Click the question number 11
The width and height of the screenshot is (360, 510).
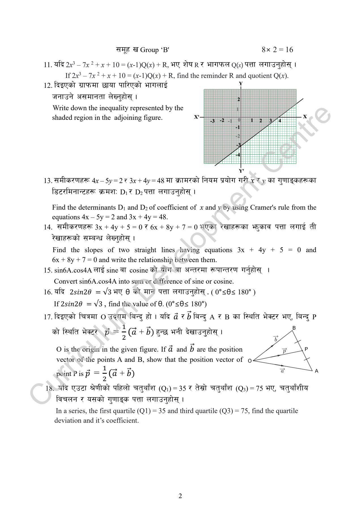pos(47,65)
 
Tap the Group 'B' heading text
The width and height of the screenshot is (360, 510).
pos(155,50)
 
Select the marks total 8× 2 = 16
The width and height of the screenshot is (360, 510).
pos(277,50)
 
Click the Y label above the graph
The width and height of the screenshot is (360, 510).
pos(241,84)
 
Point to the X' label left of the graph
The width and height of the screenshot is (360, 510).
pos(197,117)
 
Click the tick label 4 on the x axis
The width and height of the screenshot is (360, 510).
pos(280,121)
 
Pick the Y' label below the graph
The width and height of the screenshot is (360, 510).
pos(241,171)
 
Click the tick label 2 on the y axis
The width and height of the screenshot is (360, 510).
pos(238,99)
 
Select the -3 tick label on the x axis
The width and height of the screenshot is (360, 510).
pos(212,121)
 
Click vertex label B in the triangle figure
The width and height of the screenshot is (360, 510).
pos(294,328)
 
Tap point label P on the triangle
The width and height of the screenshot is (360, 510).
pos(306,349)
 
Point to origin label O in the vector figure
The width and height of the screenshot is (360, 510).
pos(250,361)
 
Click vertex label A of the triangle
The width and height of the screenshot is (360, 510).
pos(316,371)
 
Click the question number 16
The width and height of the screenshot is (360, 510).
pos(48,292)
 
